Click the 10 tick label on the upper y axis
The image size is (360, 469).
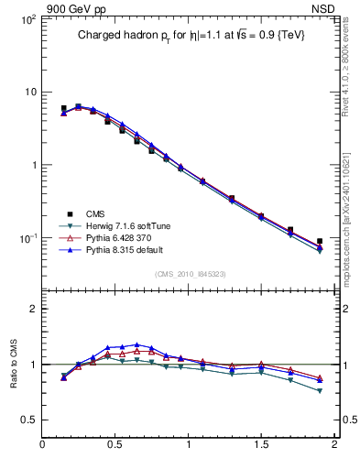click(29, 93)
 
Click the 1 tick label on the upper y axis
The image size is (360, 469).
click(33, 166)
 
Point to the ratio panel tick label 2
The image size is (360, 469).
click(33, 309)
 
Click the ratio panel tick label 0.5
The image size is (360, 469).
click(27, 420)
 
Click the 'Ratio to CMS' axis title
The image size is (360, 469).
click(13, 364)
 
